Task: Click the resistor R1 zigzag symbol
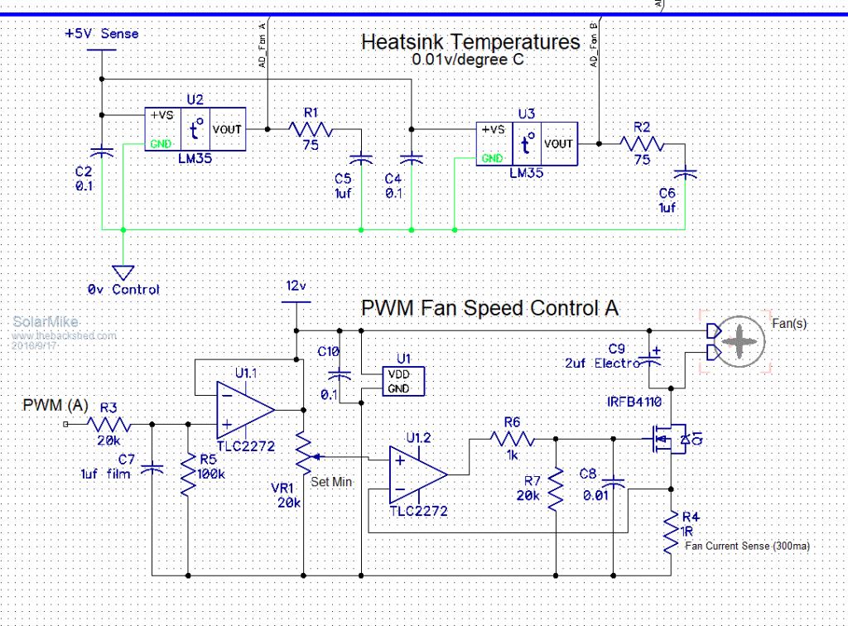pyautogui.click(x=310, y=129)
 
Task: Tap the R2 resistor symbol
pyautogui.click(x=642, y=143)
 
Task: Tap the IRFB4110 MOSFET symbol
pyautogui.click(x=667, y=440)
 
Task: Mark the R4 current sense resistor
pyautogui.click(x=669, y=532)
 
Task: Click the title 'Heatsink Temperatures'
pyautogui.click(x=470, y=42)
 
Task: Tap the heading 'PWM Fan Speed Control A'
pyautogui.click(x=490, y=308)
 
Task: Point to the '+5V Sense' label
pyautogui.click(x=102, y=34)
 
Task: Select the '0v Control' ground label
pyautogui.click(x=123, y=290)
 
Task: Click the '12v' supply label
pyautogui.click(x=296, y=286)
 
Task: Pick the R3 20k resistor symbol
pyautogui.click(x=108, y=424)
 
